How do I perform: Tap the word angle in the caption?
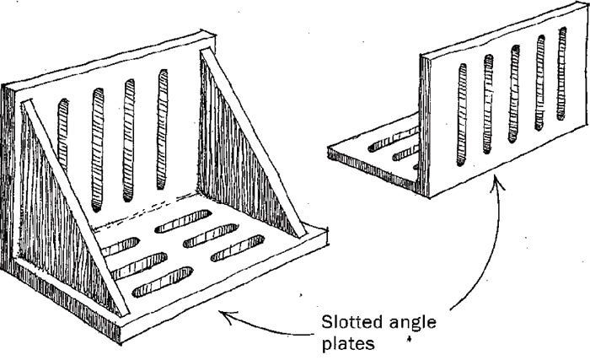coord(413,324)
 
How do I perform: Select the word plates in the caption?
coord(348,344)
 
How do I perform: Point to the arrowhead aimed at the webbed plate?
coord(225,316)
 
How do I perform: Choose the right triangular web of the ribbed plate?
coord(251,143)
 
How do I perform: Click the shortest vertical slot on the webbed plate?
coord(63,134)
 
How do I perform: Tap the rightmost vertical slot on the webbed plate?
coord(163,129)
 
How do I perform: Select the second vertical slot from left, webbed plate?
coord(97,149)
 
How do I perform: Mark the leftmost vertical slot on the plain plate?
coord(462,115)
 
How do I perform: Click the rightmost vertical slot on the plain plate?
coord(562,73)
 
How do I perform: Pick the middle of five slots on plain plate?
coord(514,94)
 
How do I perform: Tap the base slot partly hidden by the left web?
coord(121,247)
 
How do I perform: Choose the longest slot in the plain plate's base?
coord(394,140)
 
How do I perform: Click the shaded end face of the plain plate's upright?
coord(425,125)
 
